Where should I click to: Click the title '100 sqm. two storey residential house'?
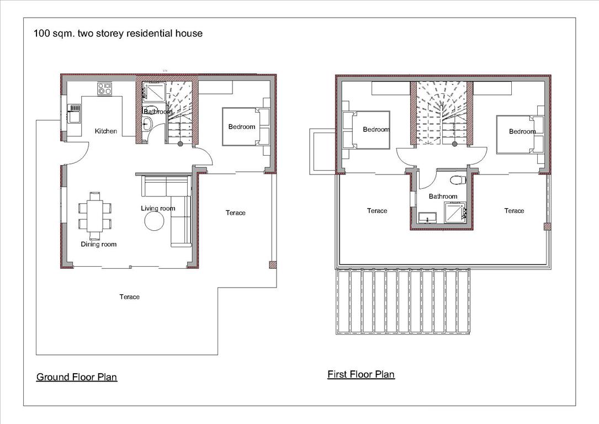118,34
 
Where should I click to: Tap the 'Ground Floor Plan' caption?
77,377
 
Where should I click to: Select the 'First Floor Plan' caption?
361,374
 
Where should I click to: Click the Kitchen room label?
106,131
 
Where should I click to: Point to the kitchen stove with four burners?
104,88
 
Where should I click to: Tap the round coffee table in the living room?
154,221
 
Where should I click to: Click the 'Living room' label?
158,208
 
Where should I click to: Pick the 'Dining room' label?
99,244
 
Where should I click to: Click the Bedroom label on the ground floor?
242,126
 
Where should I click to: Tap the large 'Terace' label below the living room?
130,296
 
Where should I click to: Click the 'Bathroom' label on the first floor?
443,197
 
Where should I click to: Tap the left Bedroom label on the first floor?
376,129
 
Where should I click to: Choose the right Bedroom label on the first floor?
522,131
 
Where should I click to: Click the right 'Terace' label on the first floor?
514,210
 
